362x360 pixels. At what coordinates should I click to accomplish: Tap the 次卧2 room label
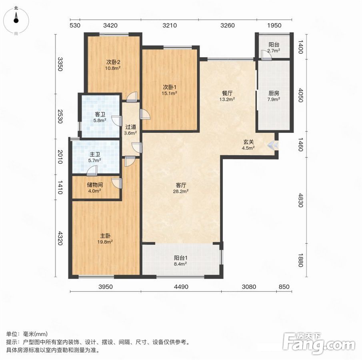[113, 62]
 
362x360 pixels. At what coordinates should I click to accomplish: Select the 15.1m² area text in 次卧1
[170, 93]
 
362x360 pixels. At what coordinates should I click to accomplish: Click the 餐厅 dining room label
[227, 93]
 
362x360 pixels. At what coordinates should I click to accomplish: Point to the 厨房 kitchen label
[274, 93]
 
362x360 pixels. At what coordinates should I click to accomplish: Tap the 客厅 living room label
[181, 185]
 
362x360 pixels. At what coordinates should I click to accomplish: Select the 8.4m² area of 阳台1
[180, 264]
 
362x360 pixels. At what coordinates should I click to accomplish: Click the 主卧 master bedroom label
[105, 236]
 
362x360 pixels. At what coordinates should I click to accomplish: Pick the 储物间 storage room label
[95, 185]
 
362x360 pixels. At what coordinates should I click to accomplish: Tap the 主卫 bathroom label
[95, 154]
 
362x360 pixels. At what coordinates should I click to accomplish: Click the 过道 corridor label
[131, 127]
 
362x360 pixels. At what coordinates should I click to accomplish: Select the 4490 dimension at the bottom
[181, 286]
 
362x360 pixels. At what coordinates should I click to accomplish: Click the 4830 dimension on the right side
[300, 200]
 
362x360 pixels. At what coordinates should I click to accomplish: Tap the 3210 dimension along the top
[170, 25]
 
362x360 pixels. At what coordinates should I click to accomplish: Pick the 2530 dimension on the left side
[60, 116]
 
